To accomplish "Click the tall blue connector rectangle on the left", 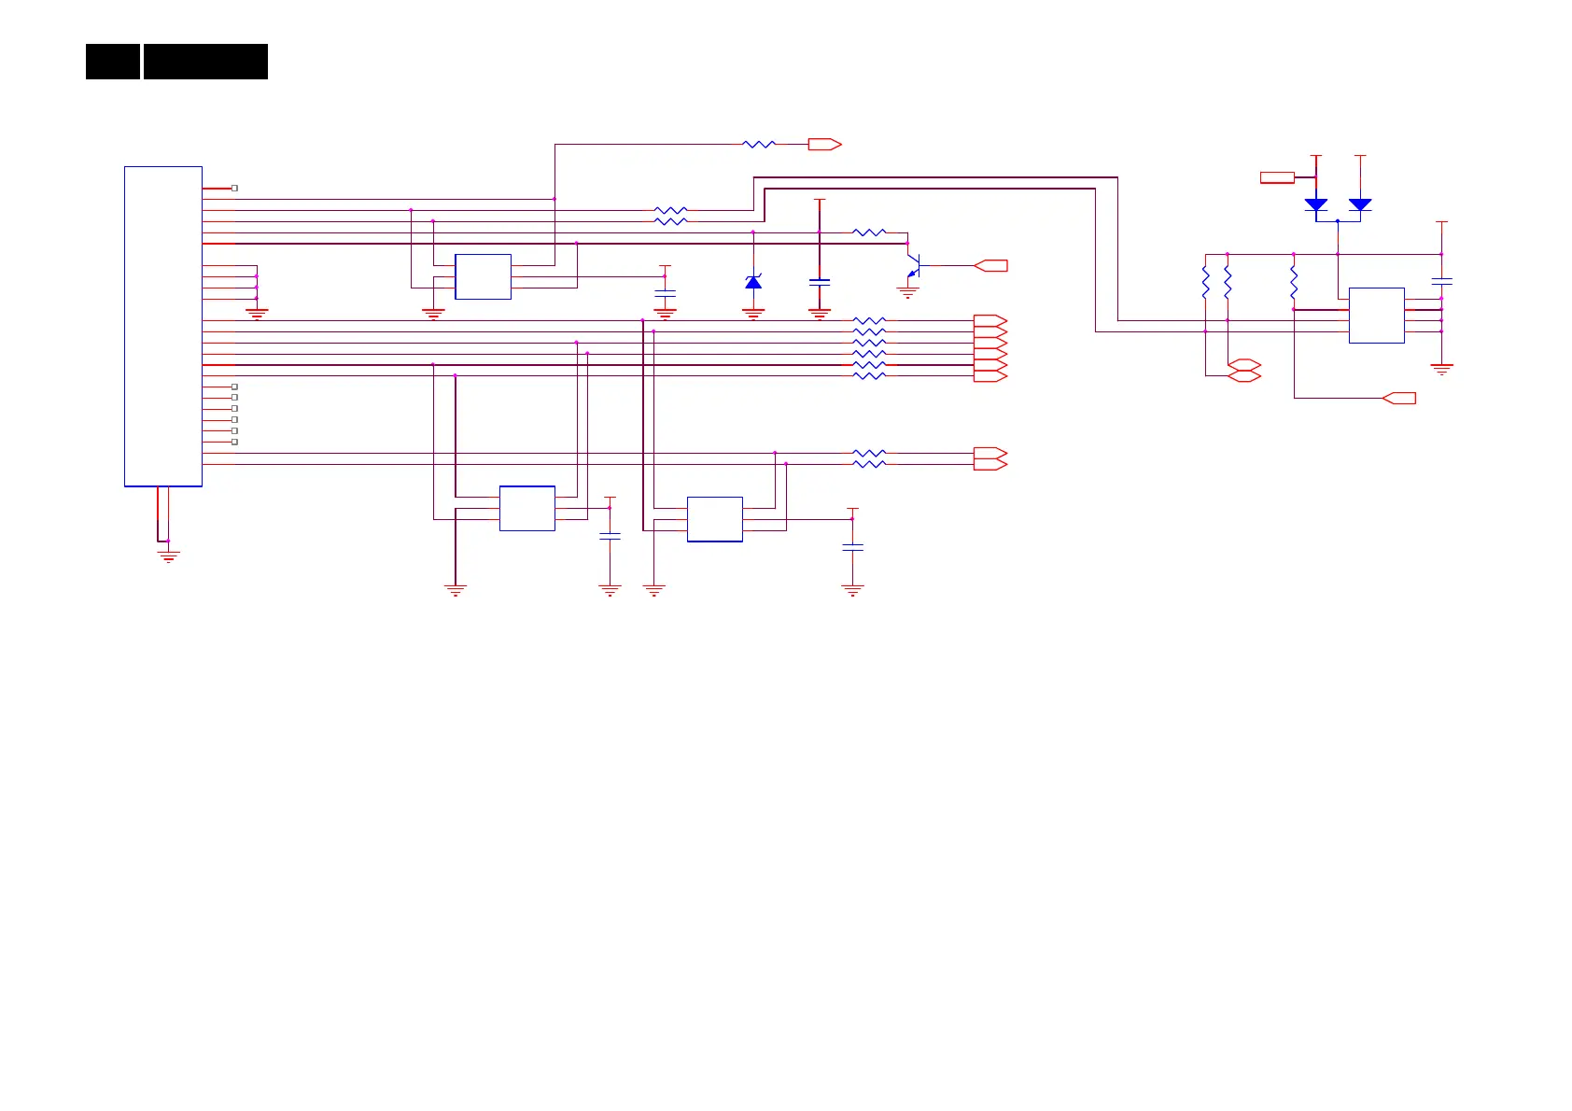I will coord(163,326).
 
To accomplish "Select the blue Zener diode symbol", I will coord(753,282).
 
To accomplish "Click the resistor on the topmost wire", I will coord(759,145).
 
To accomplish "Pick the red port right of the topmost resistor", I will coord(824,145).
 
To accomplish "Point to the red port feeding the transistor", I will coord(991,266).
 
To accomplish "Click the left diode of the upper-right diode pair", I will coord(1316,204).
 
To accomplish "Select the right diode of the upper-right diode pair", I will coord(1360,204).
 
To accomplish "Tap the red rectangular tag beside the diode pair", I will coord(1277,177).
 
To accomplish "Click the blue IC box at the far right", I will coord(1377,316).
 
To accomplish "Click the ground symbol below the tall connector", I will coord(168,556).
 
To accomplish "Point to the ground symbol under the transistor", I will coord(907,293).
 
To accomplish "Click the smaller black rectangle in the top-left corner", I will coord(113,62).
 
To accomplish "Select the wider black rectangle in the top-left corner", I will coord(205,62).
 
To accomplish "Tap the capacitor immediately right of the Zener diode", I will coord(820,281).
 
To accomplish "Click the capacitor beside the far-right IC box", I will coord(1442,281).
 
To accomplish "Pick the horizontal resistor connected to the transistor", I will coord(869,232).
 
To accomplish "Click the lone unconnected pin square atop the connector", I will coord(234,188).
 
